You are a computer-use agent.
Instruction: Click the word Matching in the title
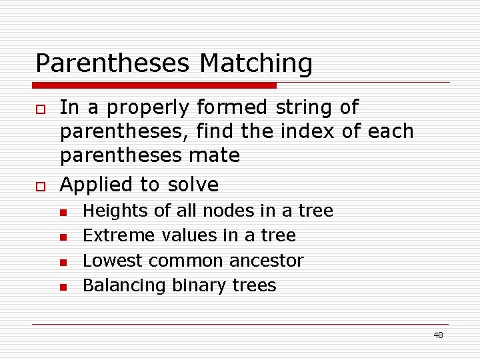click(256, 64)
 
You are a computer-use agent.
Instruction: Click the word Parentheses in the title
click(114, 64)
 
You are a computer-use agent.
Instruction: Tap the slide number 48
click(438, 335)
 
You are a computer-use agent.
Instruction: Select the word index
click(306, 131)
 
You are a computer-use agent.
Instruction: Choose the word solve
click(193, 184)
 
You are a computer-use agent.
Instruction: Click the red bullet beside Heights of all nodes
click(62, 213)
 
